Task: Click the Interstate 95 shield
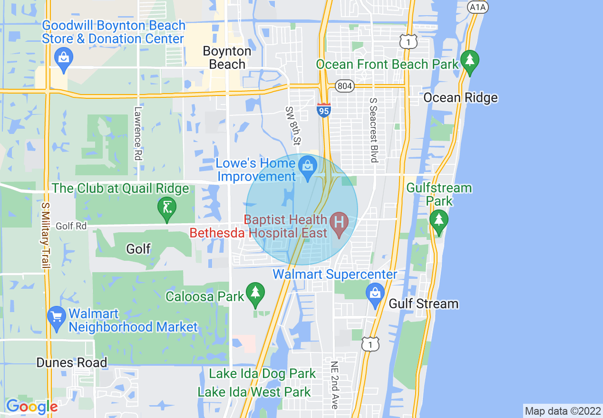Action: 324,110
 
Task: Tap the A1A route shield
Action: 478,7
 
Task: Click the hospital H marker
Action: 339,223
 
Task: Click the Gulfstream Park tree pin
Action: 438,220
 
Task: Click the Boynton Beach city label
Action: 227,57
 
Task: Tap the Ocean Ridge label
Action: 460,98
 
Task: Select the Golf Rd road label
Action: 71,226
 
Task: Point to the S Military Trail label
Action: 46,236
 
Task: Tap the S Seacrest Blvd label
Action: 373,130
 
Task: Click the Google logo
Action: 31,407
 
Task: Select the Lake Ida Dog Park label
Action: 263,374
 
